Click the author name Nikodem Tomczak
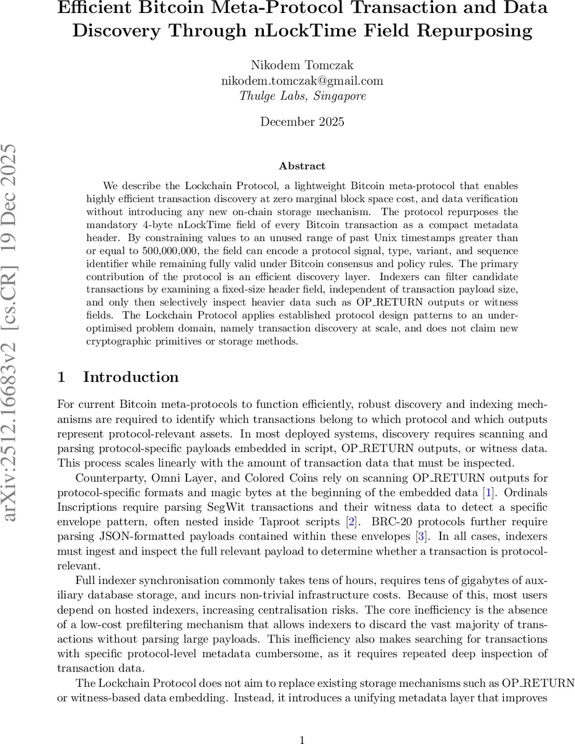(302, 64)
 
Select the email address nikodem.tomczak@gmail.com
(302, 81)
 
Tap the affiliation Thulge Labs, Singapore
(302, 96)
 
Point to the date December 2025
(302, 122)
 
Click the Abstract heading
(302, 166)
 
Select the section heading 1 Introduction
(118, 377)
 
